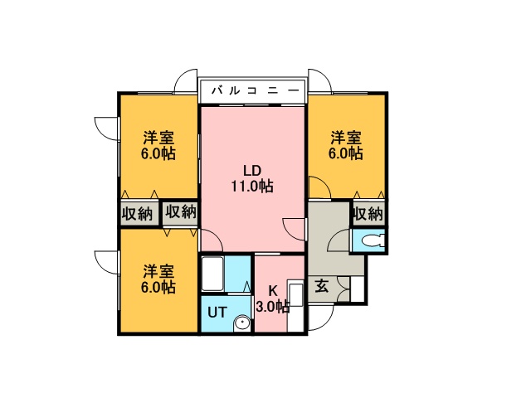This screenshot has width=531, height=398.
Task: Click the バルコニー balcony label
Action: [253, 89]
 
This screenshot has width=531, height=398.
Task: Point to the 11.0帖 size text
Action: [252, 187]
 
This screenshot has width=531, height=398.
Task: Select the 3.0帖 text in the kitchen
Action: [271, 306]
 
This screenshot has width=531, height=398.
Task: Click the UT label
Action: [216, 313]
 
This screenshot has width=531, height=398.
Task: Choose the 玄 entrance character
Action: [321, 287]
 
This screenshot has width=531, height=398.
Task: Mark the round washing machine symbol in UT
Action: [241, 323]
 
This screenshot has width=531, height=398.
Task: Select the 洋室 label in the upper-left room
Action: [158, 138]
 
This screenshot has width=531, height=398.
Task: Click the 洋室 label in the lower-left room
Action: [158, 272]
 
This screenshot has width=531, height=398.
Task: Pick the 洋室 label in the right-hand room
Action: [346, 138]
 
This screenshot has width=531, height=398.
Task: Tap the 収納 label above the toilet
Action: [368, 213]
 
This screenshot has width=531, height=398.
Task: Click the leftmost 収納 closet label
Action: [138, 213]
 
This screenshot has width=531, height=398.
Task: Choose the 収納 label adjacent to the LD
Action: [180, 213]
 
